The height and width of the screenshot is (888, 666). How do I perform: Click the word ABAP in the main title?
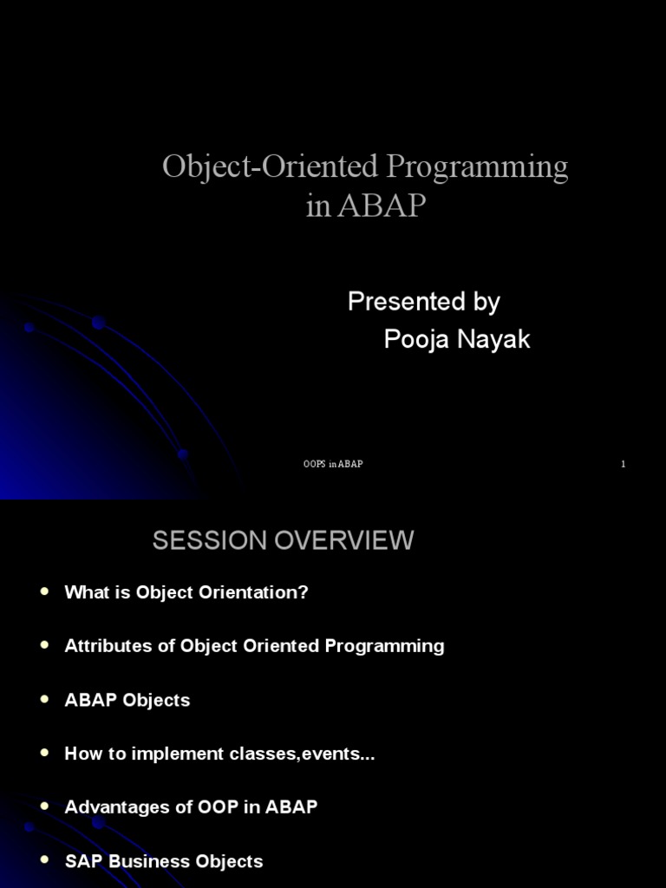point(382,206)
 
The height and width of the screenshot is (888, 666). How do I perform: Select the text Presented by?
point(423,302)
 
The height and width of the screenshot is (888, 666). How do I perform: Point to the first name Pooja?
point(416,340)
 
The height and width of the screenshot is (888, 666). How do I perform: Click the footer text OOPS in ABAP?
point(333,464)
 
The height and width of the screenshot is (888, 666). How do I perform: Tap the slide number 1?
point(623,464)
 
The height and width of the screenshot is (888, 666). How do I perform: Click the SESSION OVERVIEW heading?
point(283,540)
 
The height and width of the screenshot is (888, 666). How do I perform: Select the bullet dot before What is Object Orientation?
point(45,591)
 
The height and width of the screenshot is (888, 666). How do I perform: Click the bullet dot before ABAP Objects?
point(45,699)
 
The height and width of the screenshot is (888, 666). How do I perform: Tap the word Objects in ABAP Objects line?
point(157,700)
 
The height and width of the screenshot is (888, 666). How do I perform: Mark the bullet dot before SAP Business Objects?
point(45,860)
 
